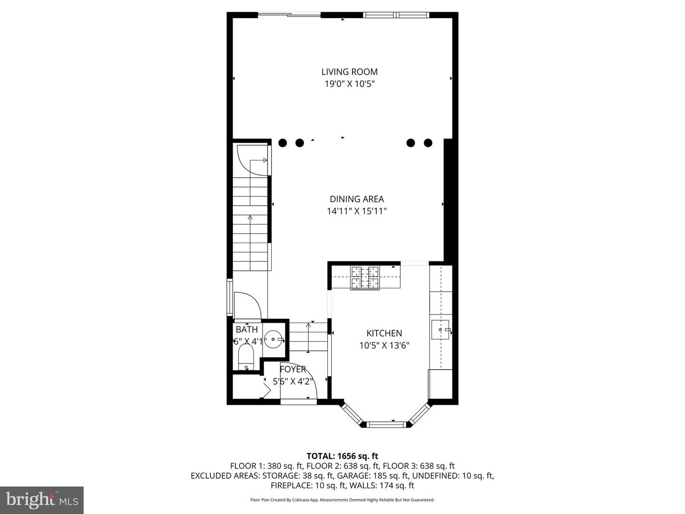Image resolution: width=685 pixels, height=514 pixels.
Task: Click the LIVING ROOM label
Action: tap(349, 72)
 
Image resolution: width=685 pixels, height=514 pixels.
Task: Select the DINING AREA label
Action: tap(356, 199)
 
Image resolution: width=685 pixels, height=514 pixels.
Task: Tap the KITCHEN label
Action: tap(384, 333)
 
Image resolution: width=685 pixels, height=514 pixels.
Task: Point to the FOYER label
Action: tap(293, 369)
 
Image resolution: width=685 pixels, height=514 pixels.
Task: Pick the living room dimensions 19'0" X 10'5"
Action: tap(349, 84)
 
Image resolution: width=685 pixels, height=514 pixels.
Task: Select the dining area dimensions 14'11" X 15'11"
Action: tap(356, 211)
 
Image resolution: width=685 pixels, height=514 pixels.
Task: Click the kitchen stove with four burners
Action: tap(365, 277)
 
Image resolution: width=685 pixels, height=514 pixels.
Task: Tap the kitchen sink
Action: tap(440, 329)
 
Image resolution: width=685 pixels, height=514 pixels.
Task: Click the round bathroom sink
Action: tap(274, 340)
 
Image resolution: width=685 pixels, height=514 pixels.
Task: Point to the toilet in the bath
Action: tap(246, 357)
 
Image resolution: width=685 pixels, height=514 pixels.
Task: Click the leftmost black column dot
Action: tap(283, 143)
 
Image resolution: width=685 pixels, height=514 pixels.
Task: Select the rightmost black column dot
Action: tap(428, 143)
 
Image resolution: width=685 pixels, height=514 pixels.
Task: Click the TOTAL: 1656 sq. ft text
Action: tap(342, 456)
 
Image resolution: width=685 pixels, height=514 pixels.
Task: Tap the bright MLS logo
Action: tap(42, 500)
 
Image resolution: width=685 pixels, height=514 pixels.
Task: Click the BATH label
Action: tap(247, 329)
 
